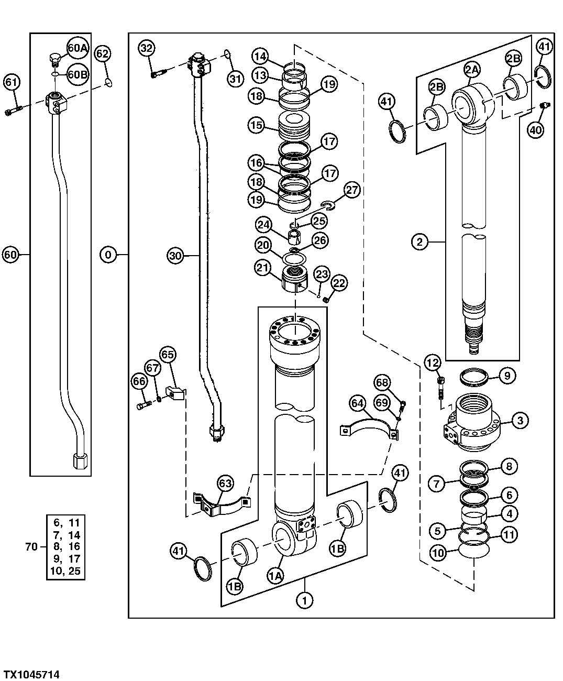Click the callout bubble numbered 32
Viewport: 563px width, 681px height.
click(x=147, y=48)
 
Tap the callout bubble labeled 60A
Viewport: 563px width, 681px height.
click(x=77, y=49)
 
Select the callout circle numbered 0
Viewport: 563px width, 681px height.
click(x=108, y=255)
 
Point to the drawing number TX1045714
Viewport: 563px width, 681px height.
click(x=31, y=674)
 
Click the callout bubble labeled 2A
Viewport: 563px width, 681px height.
click(x=471, y=69)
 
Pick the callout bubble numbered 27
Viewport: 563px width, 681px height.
click(x=351, y=190)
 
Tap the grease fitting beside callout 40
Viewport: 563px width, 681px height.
click(x=543, y=106)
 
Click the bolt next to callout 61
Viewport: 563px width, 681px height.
click(x=13, y=111)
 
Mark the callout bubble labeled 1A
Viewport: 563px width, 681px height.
click(x=275, y=576)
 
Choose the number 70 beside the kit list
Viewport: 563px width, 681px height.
click(x=31, y=546)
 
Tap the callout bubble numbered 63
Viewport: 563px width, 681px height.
click(x=225, y=484)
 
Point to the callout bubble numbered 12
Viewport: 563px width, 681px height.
click(x=433, y=362)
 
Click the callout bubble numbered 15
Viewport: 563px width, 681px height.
click(x=257, y=126)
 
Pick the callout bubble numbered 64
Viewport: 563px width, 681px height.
click(x=358, y=403)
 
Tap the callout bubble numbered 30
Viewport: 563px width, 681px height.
click(x=176, y=255)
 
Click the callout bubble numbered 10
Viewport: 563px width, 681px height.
click(x=438, y=552)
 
